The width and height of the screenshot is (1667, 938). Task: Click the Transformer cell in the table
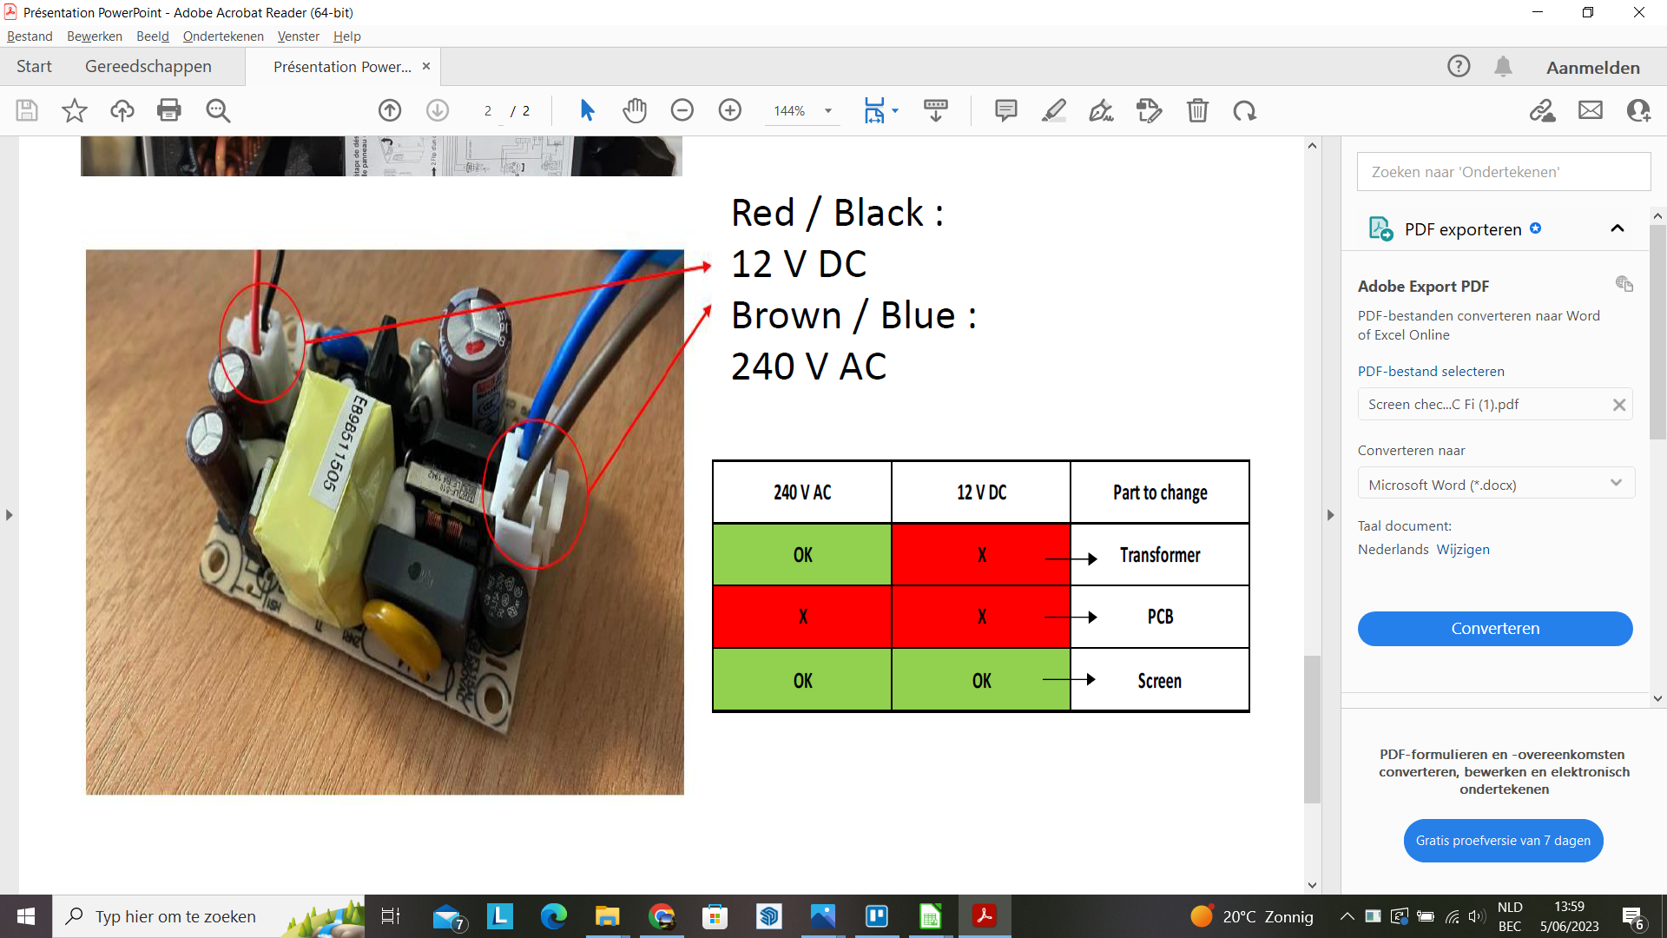pos(1160,555)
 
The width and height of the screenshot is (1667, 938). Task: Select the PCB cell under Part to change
pos(1160,617)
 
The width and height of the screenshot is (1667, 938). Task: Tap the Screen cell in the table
pos(1160,681)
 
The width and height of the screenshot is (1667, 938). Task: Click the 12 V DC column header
pos(981,492)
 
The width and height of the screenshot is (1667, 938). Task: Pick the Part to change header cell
pos(1160,492)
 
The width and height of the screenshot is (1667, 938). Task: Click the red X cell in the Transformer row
pos(981,555)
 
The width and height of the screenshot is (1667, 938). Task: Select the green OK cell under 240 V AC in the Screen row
pos(802,681)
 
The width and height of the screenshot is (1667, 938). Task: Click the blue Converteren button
pos(1495,629)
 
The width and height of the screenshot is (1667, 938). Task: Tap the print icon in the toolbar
pos(169,110)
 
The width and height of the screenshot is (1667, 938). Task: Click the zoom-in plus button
pos(730,110)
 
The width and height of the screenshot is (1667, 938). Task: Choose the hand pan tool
pos(635,110)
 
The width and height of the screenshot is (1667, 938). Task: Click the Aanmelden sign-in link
pos(1593,67)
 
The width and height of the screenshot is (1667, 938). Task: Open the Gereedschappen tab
pos(148,67)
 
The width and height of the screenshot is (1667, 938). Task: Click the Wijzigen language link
pos(1463,549)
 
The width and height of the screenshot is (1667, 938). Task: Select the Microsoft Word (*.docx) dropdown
pos(1495,484)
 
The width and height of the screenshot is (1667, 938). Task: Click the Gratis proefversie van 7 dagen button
pos(1503,841)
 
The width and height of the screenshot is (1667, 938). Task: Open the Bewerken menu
pos(95,36)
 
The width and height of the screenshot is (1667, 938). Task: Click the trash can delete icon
pos(1197,110)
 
